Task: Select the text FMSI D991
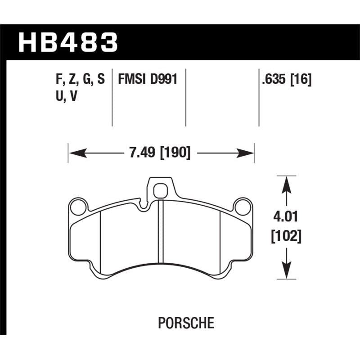coord(147,80)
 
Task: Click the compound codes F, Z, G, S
coord(79,80)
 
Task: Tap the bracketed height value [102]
coord(285,236)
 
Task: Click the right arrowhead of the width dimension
coord(248,153)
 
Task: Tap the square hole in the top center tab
coord(160,192)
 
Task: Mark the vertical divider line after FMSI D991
coord(186,97)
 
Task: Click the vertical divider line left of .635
coord(259,97)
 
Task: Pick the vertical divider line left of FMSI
coord(112,97)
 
